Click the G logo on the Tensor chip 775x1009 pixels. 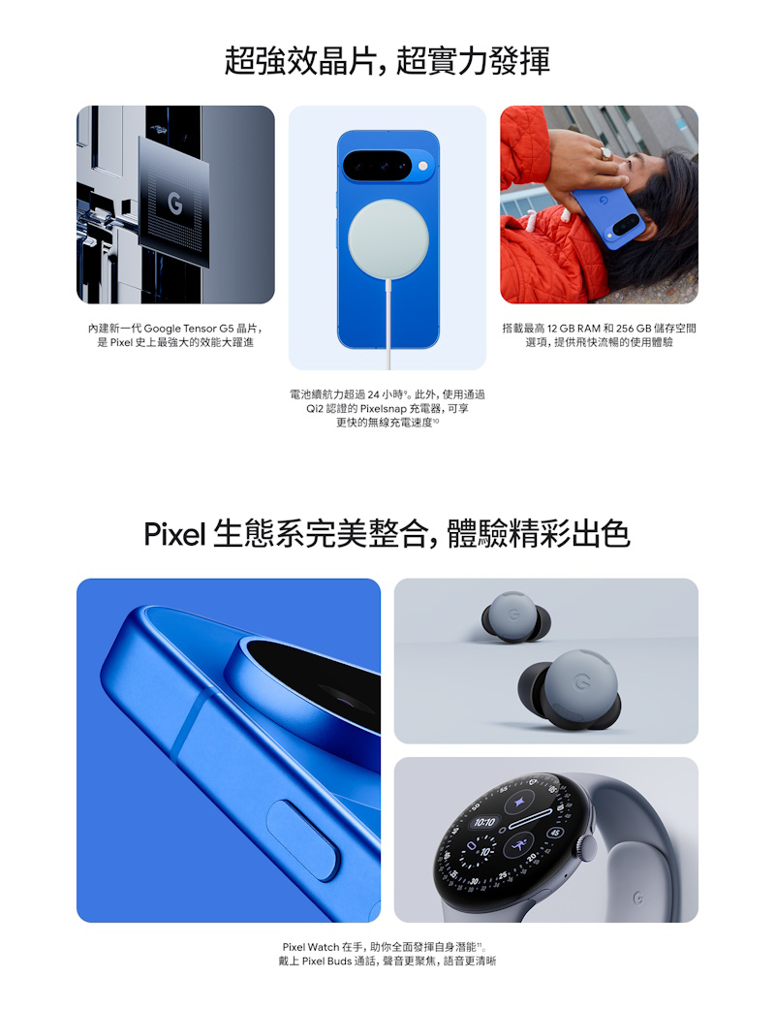coord(173,204)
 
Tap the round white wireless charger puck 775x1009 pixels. coord(387,238)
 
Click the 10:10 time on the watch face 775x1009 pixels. coord(483,823)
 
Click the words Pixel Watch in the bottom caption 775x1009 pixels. coord(311,946)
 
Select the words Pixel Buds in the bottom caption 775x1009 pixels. coord(325,962)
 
